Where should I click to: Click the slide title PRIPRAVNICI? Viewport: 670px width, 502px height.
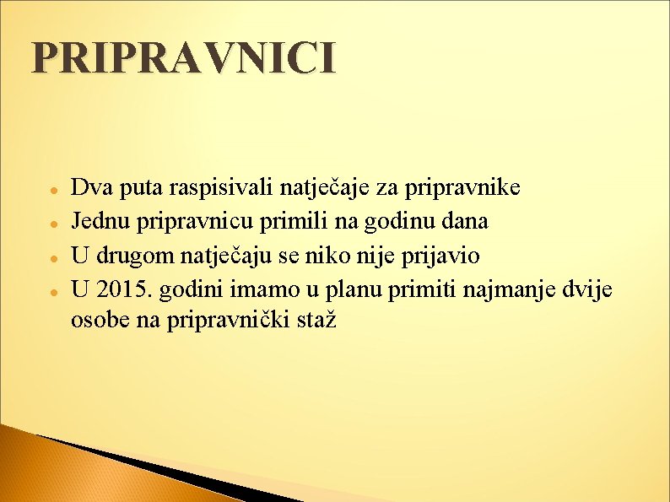pos(183,59)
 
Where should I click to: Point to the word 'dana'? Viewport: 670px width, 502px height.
pos(466,221)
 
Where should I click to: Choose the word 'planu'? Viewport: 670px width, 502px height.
pos(357,289)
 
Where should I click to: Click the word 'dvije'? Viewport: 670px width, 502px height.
pos(589,289)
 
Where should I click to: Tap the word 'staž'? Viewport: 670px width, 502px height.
pos(316,320)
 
